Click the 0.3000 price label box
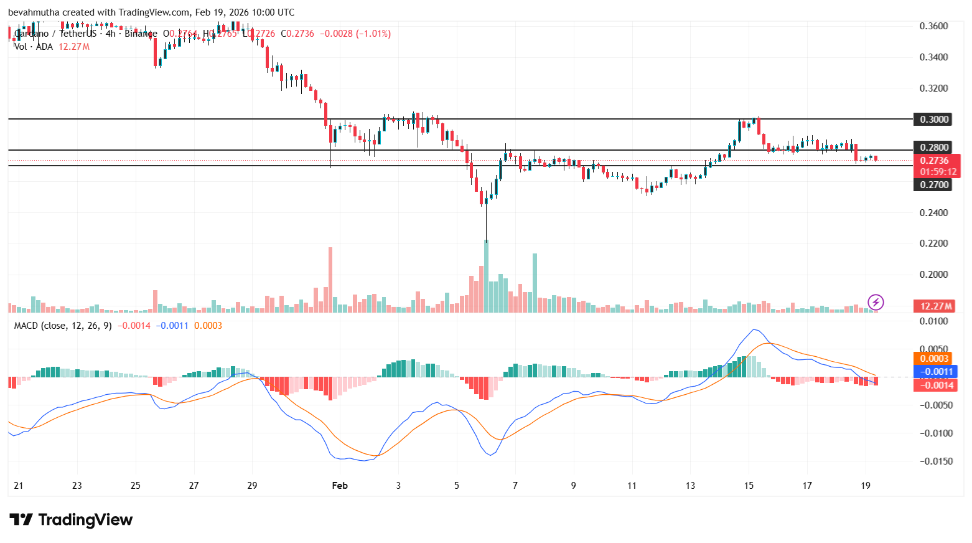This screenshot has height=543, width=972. (x=932, y=119)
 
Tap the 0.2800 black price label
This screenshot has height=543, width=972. (x=932, y=148)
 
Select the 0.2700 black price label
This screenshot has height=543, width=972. (x=932, y=184)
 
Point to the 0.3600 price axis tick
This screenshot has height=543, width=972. (x=933, y=26)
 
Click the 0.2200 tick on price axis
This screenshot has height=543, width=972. (x=933, y=243)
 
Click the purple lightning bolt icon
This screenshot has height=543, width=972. (x=876, y=303)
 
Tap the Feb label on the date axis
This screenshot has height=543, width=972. (x=340, y=486)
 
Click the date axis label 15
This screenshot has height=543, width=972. (x=749, y=486)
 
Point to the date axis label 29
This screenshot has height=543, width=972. (x=252, y=486)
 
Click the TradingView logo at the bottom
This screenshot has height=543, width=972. (x=71, y=520)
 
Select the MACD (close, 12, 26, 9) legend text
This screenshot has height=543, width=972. (x=63, y=326)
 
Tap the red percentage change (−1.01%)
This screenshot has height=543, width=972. (x=373, y=34)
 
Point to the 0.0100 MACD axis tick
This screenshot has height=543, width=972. (x=933, y=321)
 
